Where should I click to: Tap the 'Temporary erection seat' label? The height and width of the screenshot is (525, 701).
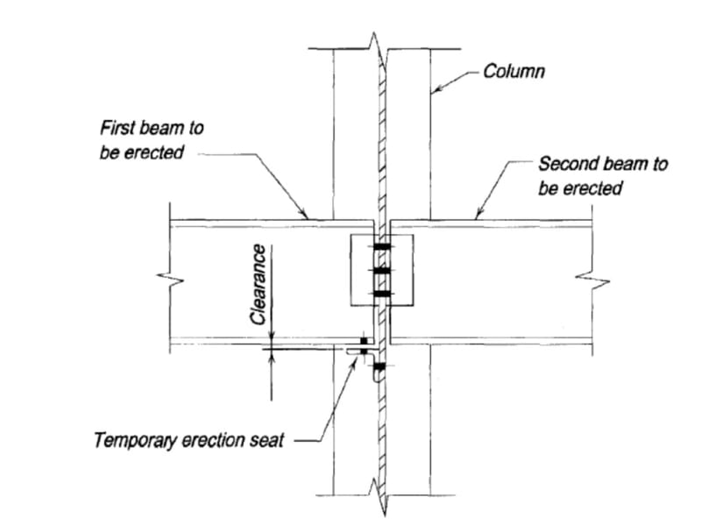point(188,439)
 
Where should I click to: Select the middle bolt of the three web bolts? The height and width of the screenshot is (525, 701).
point(382,271)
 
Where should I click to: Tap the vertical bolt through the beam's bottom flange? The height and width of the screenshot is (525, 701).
point(362,340)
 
